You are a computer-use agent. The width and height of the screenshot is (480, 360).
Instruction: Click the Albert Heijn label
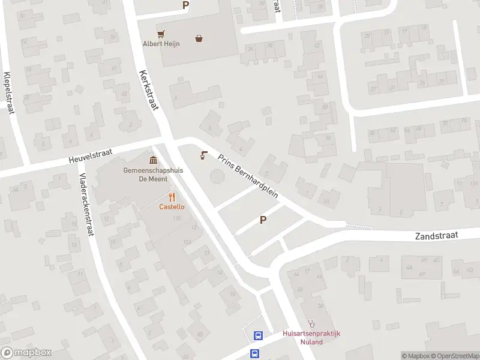pyautogui.click(x=161, y=43)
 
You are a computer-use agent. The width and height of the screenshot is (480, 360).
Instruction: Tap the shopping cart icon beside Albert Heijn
pyautogui.click(x=161, y=34)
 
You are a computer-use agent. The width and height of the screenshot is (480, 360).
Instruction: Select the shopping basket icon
pyautogui.click(x=199, y=39)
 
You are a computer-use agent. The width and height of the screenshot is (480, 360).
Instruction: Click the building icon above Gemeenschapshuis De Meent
pyautogui.click(x=153, y=160)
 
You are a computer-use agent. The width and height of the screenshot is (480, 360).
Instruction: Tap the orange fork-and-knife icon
pyautogui.click(x=172, y=197)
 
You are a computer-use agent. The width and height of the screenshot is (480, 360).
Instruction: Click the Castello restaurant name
pyautogui.click(x=172, y=207)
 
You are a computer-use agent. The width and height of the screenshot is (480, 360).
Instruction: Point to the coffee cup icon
pyautogui.click(x=203, y=155)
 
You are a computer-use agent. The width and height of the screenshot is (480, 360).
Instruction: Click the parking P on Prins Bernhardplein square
pyautogui.click(x=262, y=220)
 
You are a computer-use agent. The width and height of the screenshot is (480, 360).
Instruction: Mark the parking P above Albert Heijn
pyautogui.click(x=185, y=5)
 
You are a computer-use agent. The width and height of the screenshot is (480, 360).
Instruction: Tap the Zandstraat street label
pyautogui.click(x=436, y=236)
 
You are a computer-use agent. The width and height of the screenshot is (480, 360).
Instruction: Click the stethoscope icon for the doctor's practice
pyautogui.click(x=311, y=324)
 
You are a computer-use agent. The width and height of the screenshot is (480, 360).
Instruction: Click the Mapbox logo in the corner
pyautogui.click(x=26, y=352)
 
